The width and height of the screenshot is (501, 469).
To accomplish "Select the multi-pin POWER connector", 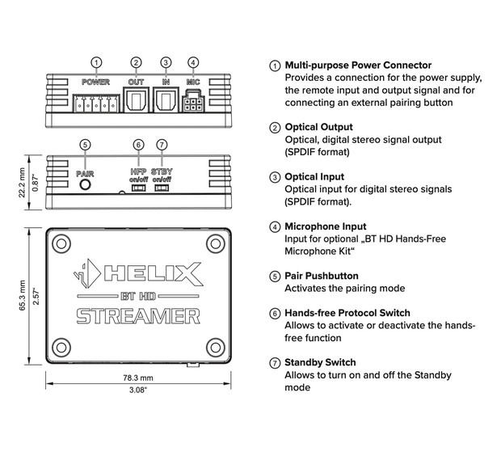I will [95, 103].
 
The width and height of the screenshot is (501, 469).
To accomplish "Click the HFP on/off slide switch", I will [138, 188].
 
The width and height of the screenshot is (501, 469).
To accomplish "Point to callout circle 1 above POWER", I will [96, 62].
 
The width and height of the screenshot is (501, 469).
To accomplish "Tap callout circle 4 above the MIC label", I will [192, 62].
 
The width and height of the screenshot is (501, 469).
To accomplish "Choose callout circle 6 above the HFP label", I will [138, 145].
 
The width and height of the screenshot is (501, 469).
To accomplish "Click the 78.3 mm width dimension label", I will [137, 378].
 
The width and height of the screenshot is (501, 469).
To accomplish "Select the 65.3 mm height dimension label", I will [23, 296].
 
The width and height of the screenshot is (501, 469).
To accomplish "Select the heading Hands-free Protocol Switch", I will [347, 313].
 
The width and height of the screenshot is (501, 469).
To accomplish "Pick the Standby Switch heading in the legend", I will [320, 362].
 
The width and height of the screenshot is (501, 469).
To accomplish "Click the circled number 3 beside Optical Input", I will [276, 177].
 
